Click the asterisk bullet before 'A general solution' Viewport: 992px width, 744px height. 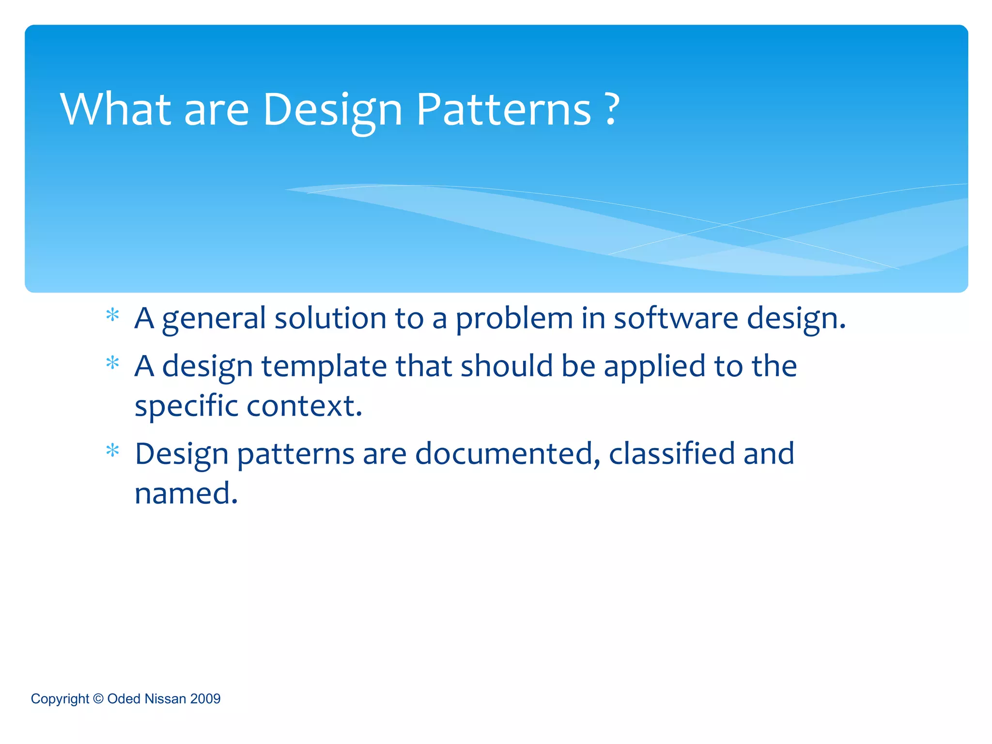click(x=113, y=315)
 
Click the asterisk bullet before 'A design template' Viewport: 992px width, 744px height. click(x=113, y=363)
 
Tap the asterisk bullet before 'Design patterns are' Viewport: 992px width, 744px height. click(x=113, y=451)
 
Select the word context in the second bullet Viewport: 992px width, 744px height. click(x=304, y=406)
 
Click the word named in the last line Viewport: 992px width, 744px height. click(x=186, y=494)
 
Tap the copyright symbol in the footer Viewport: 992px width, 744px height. click(x=98, y=698)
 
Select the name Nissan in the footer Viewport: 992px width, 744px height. click(x=165, y=698)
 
